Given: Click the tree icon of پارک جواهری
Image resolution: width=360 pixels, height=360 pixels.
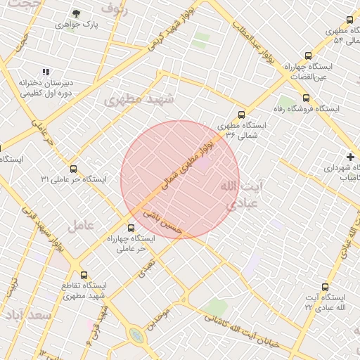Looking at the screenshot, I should [76, 13].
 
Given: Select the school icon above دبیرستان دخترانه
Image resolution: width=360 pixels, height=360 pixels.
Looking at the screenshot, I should [46, 72].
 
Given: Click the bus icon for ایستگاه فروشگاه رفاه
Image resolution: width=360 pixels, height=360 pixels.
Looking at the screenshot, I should [306, 98].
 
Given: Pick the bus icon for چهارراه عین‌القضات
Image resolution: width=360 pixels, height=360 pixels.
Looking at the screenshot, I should [307, 56].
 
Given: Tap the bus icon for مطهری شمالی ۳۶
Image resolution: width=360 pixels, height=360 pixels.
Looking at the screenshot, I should [242, 114].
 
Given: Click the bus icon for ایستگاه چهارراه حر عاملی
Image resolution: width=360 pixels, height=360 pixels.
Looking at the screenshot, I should [131, 228].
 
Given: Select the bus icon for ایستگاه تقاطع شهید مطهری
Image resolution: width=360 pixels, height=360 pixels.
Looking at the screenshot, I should [84, 275].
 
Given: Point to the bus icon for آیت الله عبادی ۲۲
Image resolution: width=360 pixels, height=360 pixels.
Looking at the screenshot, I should [325, 287].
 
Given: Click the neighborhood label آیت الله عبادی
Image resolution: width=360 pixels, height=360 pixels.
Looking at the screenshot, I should [243, 194].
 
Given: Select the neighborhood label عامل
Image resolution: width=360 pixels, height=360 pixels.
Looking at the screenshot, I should [81, 226].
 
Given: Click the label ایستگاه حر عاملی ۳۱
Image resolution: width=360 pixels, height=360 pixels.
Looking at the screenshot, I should [73, 179].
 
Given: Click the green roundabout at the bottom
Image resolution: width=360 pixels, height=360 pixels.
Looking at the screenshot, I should [136, 336].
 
